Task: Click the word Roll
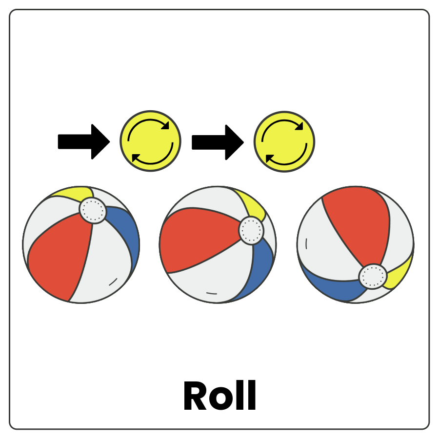click(219, 396)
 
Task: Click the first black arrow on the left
click(83, 141)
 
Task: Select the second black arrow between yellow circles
click(217, 142)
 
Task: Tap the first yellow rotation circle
click(150, 141)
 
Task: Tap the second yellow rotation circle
click(284, 141)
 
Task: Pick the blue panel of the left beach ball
click(126, 234)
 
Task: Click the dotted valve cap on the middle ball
click(251, 231)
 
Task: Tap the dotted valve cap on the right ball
click(373, 277)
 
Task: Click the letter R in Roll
click(194, 396)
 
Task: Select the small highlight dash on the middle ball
click(211, 293)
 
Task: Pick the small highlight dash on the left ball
click(113, 282)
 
